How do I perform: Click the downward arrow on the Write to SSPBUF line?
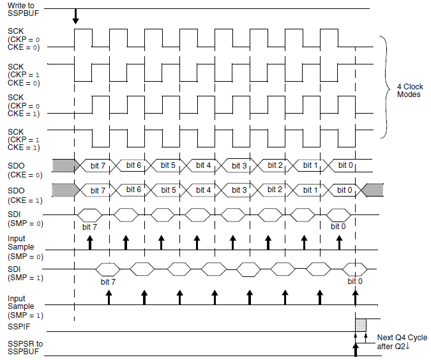[x=75, y=18]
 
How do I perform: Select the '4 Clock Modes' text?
[x=408, y=90]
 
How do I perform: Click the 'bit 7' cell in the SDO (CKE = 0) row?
[x=98, y=165]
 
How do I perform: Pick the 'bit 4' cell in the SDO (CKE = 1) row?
[x=204, y=190]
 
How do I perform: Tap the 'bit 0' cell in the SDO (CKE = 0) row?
[x=345, y=165]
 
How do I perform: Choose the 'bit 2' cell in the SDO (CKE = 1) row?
[x=275, y=190]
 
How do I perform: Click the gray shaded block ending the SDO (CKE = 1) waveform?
[x=374, y=190]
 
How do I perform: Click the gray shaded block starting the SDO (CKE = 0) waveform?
[x=63, y=165]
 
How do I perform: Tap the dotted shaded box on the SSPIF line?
[x=361, y=325]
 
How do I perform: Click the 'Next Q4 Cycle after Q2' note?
[x=402, y=342]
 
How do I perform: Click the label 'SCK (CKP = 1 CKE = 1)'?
[x=24, y=139]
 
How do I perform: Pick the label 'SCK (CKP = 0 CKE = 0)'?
[x=24, y=39]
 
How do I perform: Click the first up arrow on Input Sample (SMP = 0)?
[x=90, y=242]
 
